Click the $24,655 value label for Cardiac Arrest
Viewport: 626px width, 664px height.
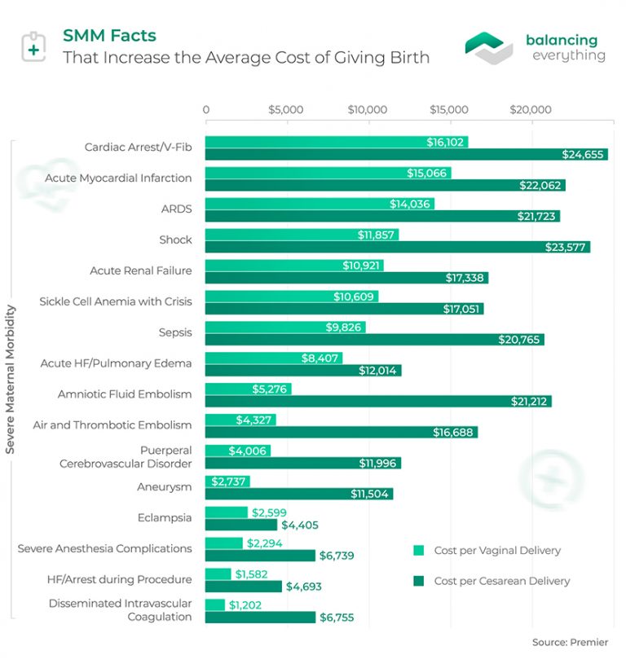tap(581, 155)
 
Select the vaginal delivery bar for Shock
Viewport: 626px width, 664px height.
tap(301, 235)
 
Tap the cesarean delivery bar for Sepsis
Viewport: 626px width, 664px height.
tap(374, 340)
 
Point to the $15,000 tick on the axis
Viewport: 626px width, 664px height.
tap(449, 110)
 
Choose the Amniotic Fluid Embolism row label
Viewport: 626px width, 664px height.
tap(125, 394)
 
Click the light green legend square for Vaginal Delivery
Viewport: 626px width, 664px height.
tap(419, 551)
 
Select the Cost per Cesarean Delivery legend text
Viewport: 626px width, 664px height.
tap(501, 582)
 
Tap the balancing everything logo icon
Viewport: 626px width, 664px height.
tap(489, 47)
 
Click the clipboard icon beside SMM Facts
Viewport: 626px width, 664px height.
tap(33, 47)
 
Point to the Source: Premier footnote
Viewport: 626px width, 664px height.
tap(570, 643)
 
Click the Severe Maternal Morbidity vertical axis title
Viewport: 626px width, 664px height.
tap(11, 380)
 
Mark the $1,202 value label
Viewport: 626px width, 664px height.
tap(245, 605)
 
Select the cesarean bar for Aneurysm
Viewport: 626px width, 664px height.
tap(298, 495)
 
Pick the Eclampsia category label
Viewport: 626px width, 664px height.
tap(165, 517)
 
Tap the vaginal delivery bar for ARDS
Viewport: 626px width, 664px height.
tap(319, 204)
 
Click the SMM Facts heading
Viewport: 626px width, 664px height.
tap(109, 36)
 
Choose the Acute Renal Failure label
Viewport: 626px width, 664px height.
tap(140, 270)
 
